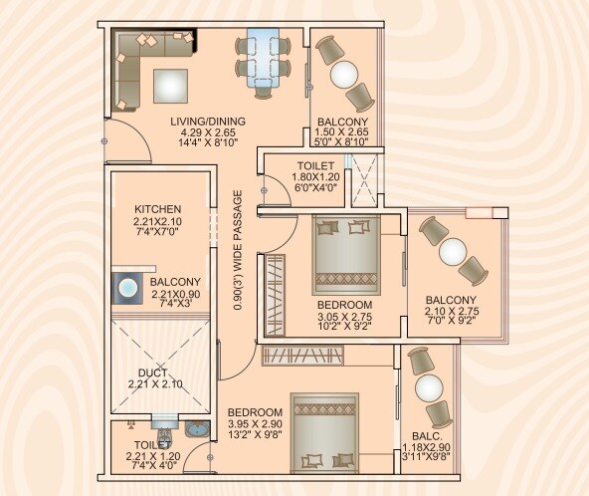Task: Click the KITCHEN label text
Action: click(x=158, y=209)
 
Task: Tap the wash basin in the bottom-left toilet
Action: click(x=198, y=429)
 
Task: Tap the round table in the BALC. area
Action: click(x=427, y=387)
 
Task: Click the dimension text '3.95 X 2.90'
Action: click(x=255, y=424)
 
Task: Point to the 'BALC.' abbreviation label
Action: click(x=426, y=421)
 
